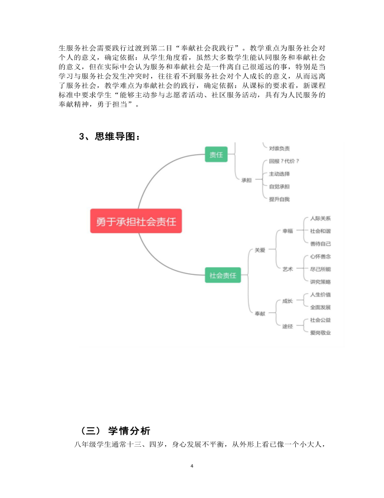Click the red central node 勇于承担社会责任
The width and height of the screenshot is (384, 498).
pos(136,221)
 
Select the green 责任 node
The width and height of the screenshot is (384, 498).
pos(216,154)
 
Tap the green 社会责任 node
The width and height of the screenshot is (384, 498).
pos(223,275)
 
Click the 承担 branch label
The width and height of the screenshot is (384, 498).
pos(246,180)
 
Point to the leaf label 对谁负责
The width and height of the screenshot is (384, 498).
pos(279,148)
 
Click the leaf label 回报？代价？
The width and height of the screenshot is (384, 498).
pos(284,161)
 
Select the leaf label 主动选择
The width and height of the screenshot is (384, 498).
pos(279,174)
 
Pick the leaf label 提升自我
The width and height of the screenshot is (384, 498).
pos(279,199)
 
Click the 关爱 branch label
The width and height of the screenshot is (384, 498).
pos(260,250)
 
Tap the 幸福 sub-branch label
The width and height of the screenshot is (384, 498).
pos(288,231)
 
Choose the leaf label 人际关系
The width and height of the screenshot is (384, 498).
pos(320,218)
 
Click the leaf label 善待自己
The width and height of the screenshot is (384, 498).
pos(320,244)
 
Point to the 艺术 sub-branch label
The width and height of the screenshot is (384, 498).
pos(288,269)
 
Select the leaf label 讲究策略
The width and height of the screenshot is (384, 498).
pos(320,282)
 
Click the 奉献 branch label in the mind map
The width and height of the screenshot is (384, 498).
pos(260,313)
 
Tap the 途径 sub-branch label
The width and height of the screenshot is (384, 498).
pos(288,326)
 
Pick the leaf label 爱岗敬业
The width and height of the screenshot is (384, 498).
pos(320,333)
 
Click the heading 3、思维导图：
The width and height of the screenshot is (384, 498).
pos(110,136)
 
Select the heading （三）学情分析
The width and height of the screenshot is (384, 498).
pos(115,431)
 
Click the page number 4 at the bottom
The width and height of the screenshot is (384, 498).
pos(192,466)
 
